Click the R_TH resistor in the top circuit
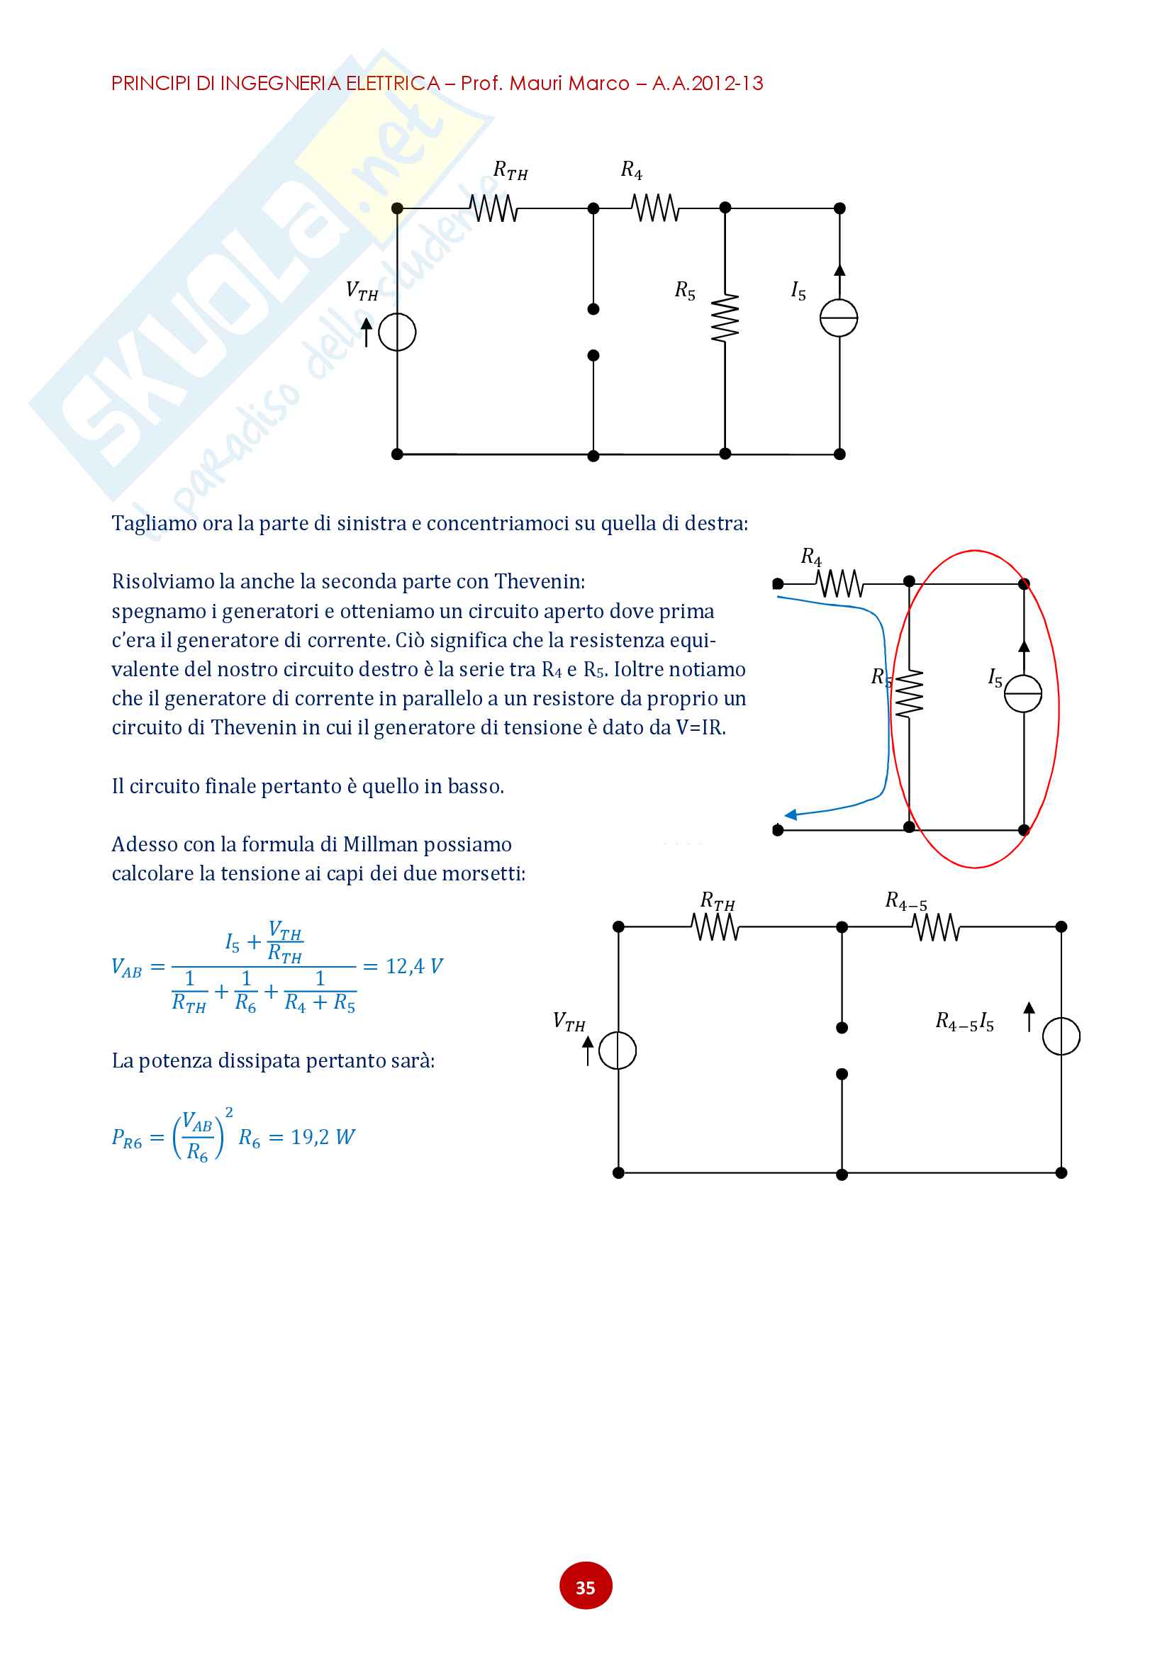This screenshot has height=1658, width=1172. coord(494,208)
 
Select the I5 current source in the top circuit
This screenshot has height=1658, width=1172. coord(838,318)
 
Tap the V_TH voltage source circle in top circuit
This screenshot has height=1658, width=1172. coord(397,333)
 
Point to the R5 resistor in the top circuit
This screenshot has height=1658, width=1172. coord(725,318)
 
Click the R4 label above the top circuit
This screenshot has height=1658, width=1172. coord(631,170)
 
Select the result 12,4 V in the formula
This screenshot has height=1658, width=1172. coord(414,966)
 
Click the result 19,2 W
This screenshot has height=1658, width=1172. coord(322,1137)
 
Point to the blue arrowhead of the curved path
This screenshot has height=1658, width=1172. coord(791,814)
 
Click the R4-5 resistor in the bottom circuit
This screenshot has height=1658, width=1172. coord(936,927)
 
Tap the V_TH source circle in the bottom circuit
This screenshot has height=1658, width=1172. coord(618,1051)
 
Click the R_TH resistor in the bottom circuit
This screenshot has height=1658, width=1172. coord(715,927)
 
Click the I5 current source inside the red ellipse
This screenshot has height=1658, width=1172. coord(1023,693)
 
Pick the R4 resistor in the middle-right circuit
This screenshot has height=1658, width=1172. coord(839,583)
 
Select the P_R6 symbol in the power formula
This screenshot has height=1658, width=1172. coord(126,1138)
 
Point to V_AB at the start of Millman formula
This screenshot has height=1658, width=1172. coord(126,968)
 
